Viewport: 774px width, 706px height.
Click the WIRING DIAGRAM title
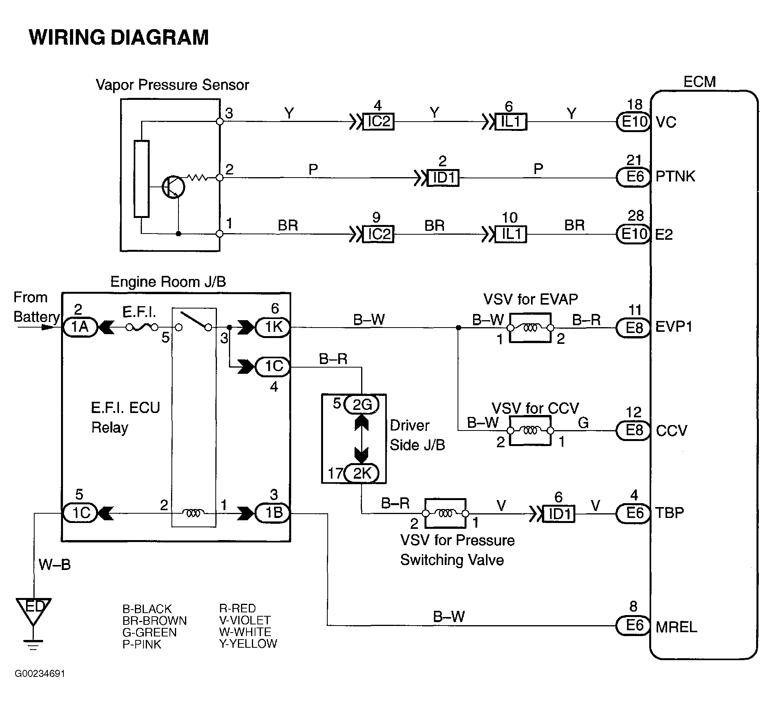pos(119,38)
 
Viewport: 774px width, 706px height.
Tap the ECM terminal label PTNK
pos(675,176)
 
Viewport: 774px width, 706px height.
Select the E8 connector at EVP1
pos(634,328)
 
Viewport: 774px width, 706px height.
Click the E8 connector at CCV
pos(634,431)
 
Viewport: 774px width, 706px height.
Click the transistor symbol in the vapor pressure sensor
pos(173,187)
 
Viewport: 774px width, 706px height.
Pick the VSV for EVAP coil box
pos(530,328)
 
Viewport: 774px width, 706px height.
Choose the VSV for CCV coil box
pos(530,431)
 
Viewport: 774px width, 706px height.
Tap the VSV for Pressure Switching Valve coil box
pos(446,513)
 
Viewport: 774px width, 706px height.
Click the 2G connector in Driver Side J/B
pos(362,405)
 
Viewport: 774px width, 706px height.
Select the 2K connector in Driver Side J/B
pos(362,473)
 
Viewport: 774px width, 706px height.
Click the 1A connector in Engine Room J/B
pos(80,327)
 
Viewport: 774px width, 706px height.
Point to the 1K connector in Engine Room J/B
pos(273,327)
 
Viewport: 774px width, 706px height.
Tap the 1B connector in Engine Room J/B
pos(273,513)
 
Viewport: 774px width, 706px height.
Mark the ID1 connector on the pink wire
pos(443,178)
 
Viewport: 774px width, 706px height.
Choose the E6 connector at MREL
pos(634,625)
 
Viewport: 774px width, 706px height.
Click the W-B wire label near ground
pos(55,565)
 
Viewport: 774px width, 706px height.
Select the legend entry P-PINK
pos(142,644)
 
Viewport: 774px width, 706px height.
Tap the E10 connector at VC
pos(634,122)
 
